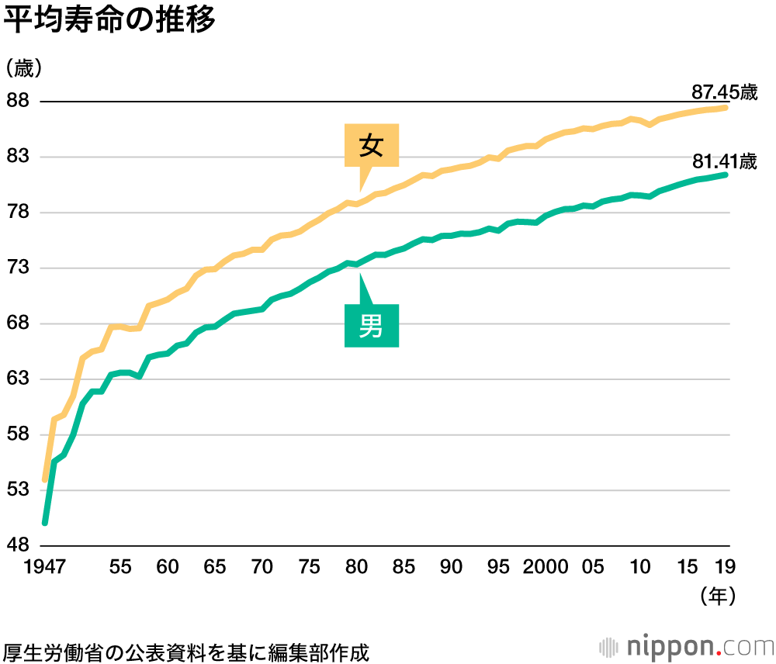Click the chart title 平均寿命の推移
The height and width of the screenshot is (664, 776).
pyautogui.click(x=109, y=21)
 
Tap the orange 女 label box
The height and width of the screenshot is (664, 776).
pyautogui.click(x=372, y=146)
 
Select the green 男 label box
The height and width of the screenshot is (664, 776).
pyautogui.click(x=372, y=326)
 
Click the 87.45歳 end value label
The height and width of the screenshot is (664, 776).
pyautogui.click(x=723, y=92)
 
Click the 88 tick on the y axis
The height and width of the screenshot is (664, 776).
pyautogui.click(x=18, y=102)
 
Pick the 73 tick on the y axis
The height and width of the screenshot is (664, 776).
pyautogui.click(x=18, y=268)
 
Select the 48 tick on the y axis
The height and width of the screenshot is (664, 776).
pyautogui.click(x=18, y=545)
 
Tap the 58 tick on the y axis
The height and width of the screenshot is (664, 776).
pyautogui.click(x=18, y=434)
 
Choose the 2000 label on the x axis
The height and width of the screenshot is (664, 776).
pyautogui.click(x=545, y=567)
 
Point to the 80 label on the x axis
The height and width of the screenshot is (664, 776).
pyautogui.click(x=357, y=567)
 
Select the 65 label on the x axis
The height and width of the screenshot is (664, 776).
pyautogui.click(x=215, y=567)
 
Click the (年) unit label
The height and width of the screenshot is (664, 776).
pyautogui.click(x=716, y=596)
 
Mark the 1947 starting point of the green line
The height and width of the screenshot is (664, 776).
pyautogui.click(x=45, y=522)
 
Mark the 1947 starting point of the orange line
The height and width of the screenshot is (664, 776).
pyautogui.click(x=45, y=479)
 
